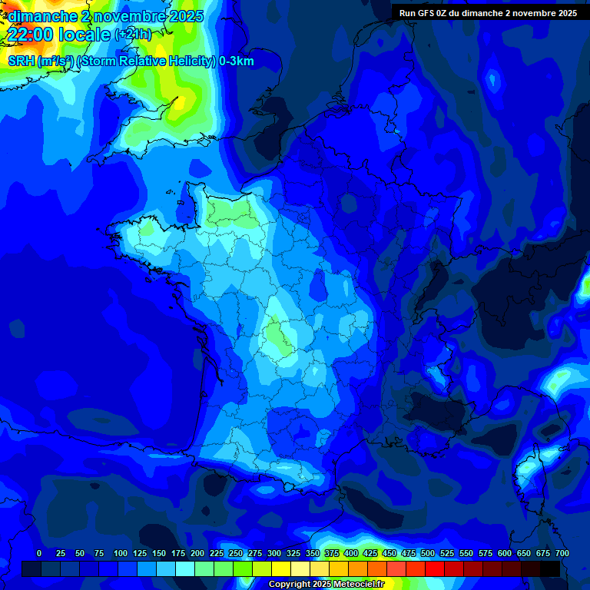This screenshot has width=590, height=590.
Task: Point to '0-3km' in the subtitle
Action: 236,61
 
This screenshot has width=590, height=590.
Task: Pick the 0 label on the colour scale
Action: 39,553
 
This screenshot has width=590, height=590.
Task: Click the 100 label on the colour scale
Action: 121,553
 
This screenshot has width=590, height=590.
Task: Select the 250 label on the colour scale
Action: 236,553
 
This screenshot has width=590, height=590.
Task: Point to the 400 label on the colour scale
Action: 351,553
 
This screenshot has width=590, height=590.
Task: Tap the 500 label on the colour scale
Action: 428,553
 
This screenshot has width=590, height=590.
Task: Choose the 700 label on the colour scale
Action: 562,553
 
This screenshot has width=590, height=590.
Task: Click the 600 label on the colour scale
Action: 505,553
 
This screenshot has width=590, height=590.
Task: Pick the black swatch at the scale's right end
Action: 550,568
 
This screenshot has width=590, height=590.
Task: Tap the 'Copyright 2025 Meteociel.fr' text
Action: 326,585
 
